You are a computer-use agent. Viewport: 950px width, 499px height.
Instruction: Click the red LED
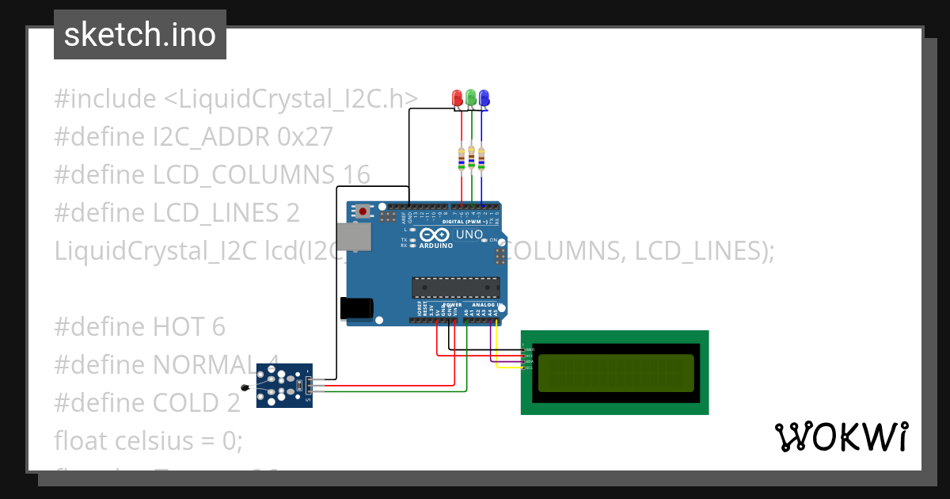(x=457, y=97)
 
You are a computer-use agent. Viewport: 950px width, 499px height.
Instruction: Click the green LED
(x=471, y=97)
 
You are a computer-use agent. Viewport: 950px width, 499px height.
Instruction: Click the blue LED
(x=484, y=97)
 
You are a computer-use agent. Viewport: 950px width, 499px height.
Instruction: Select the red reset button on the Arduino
(x=363, y=211)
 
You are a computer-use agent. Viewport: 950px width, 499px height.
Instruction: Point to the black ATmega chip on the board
(x=455, y=288)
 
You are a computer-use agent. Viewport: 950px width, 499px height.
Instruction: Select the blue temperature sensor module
(x=284, y=385)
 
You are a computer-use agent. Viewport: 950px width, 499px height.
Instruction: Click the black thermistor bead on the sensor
(x=246, y=387)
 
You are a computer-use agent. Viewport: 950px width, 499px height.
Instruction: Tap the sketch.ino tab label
(x=140, y=35)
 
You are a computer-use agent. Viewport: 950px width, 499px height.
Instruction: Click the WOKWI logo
(x=841, y=436)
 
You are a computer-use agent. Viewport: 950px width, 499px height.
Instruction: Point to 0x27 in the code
(x=305, y=137)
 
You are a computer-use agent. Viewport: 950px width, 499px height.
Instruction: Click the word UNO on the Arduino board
(x=469, y=234)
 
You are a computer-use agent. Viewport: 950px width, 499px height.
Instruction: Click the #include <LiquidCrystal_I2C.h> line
(x=236, y=99)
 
